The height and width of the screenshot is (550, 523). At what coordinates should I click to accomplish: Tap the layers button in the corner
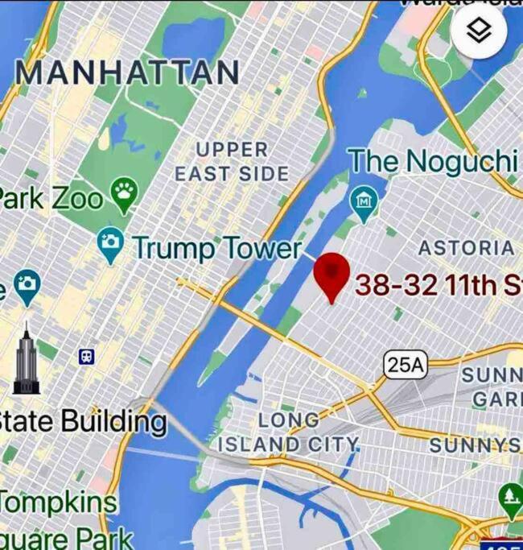click(479, 31)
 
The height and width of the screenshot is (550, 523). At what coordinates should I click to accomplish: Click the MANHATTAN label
click(127, 72)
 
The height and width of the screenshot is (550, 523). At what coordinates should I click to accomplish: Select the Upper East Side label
click(232, 161)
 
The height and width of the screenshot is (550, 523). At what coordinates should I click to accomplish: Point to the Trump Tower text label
click(217, 248)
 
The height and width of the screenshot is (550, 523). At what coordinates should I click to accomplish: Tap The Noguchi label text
click(432, 161)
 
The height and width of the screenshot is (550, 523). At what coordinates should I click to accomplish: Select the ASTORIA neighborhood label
click(467, 248)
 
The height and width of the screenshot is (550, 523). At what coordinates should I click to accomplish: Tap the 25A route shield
click(406, 365)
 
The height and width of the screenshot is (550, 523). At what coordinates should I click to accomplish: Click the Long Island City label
click(288, 432)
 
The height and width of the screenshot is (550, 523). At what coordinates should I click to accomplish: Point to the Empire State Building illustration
click(26, 360)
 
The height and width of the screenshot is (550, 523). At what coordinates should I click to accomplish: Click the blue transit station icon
click(86, 355)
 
